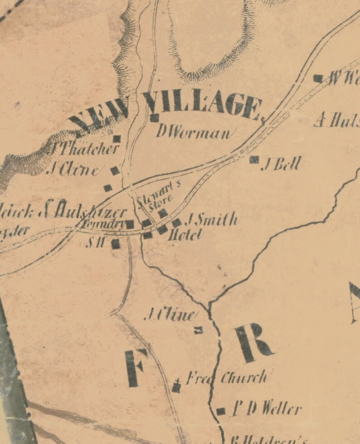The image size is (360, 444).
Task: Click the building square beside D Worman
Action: (155, 118)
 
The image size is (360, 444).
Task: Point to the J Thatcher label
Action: (84, 149)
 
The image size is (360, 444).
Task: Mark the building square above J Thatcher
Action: (117, 139)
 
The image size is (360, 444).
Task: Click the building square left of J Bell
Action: (254, 160)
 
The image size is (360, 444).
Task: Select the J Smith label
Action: (211, 220)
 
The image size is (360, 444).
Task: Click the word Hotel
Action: (185, 235)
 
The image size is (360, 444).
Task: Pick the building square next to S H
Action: (116, 244)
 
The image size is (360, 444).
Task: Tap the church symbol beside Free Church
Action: (176, 387)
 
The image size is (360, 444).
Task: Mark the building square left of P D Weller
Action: (221, 411)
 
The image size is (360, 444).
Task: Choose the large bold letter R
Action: (252, 342)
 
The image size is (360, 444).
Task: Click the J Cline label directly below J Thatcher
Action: (74, 171)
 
